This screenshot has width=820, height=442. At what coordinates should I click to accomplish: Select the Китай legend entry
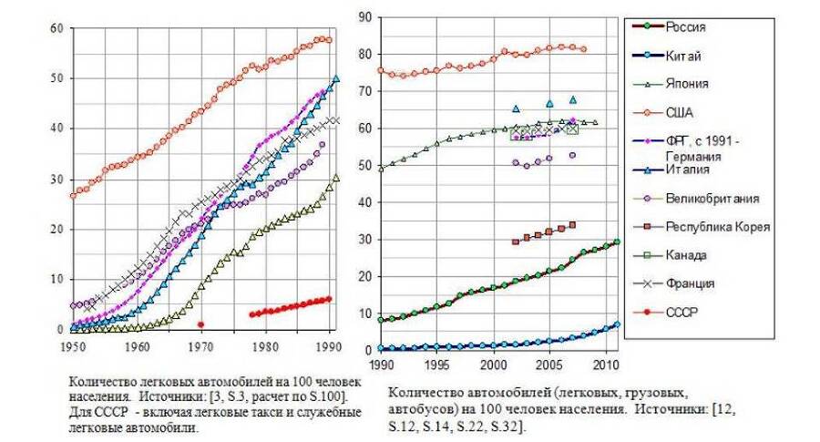click(x=683, y=56)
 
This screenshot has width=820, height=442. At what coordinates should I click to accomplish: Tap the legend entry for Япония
click(x=687, y=84)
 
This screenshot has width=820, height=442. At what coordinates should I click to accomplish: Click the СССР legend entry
click(x=683, y=312)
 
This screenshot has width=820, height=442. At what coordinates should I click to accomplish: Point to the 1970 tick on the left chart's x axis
click(x=200, y=346)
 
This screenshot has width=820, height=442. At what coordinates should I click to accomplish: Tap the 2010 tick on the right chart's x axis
click(x=606, y=365)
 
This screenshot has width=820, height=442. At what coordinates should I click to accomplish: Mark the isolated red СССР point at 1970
click(x=200, y=324)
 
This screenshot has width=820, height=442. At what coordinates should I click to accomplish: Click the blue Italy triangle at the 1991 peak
click(x=336, y=79)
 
